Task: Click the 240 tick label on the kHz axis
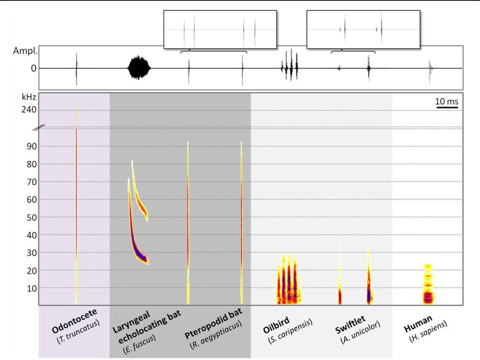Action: point(29,110)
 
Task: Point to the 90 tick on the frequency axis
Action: point(31,146)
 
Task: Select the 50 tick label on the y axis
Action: point(31,217)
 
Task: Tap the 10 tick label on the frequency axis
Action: point(31,289)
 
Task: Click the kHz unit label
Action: point(29,97)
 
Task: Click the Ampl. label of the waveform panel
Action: point(25,51)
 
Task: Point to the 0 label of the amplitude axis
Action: point(33,68)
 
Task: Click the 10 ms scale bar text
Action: point(447,101)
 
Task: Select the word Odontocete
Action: point(74,321)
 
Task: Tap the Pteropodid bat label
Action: point(213,323)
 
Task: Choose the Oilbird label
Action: point(276,325)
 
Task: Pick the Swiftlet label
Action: point(350,325)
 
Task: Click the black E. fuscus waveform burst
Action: point(139,68)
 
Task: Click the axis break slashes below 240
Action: point(39,128)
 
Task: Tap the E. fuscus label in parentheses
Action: point(139,344)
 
